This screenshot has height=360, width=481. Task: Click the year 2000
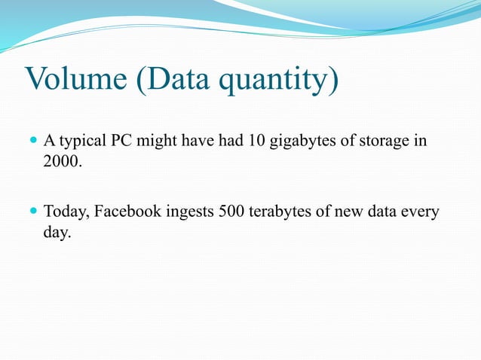pos(61,161)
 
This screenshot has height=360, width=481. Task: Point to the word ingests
pos(189,214)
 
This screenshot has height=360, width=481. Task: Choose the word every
pos(420,213)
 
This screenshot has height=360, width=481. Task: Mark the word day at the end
pos(57,234)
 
